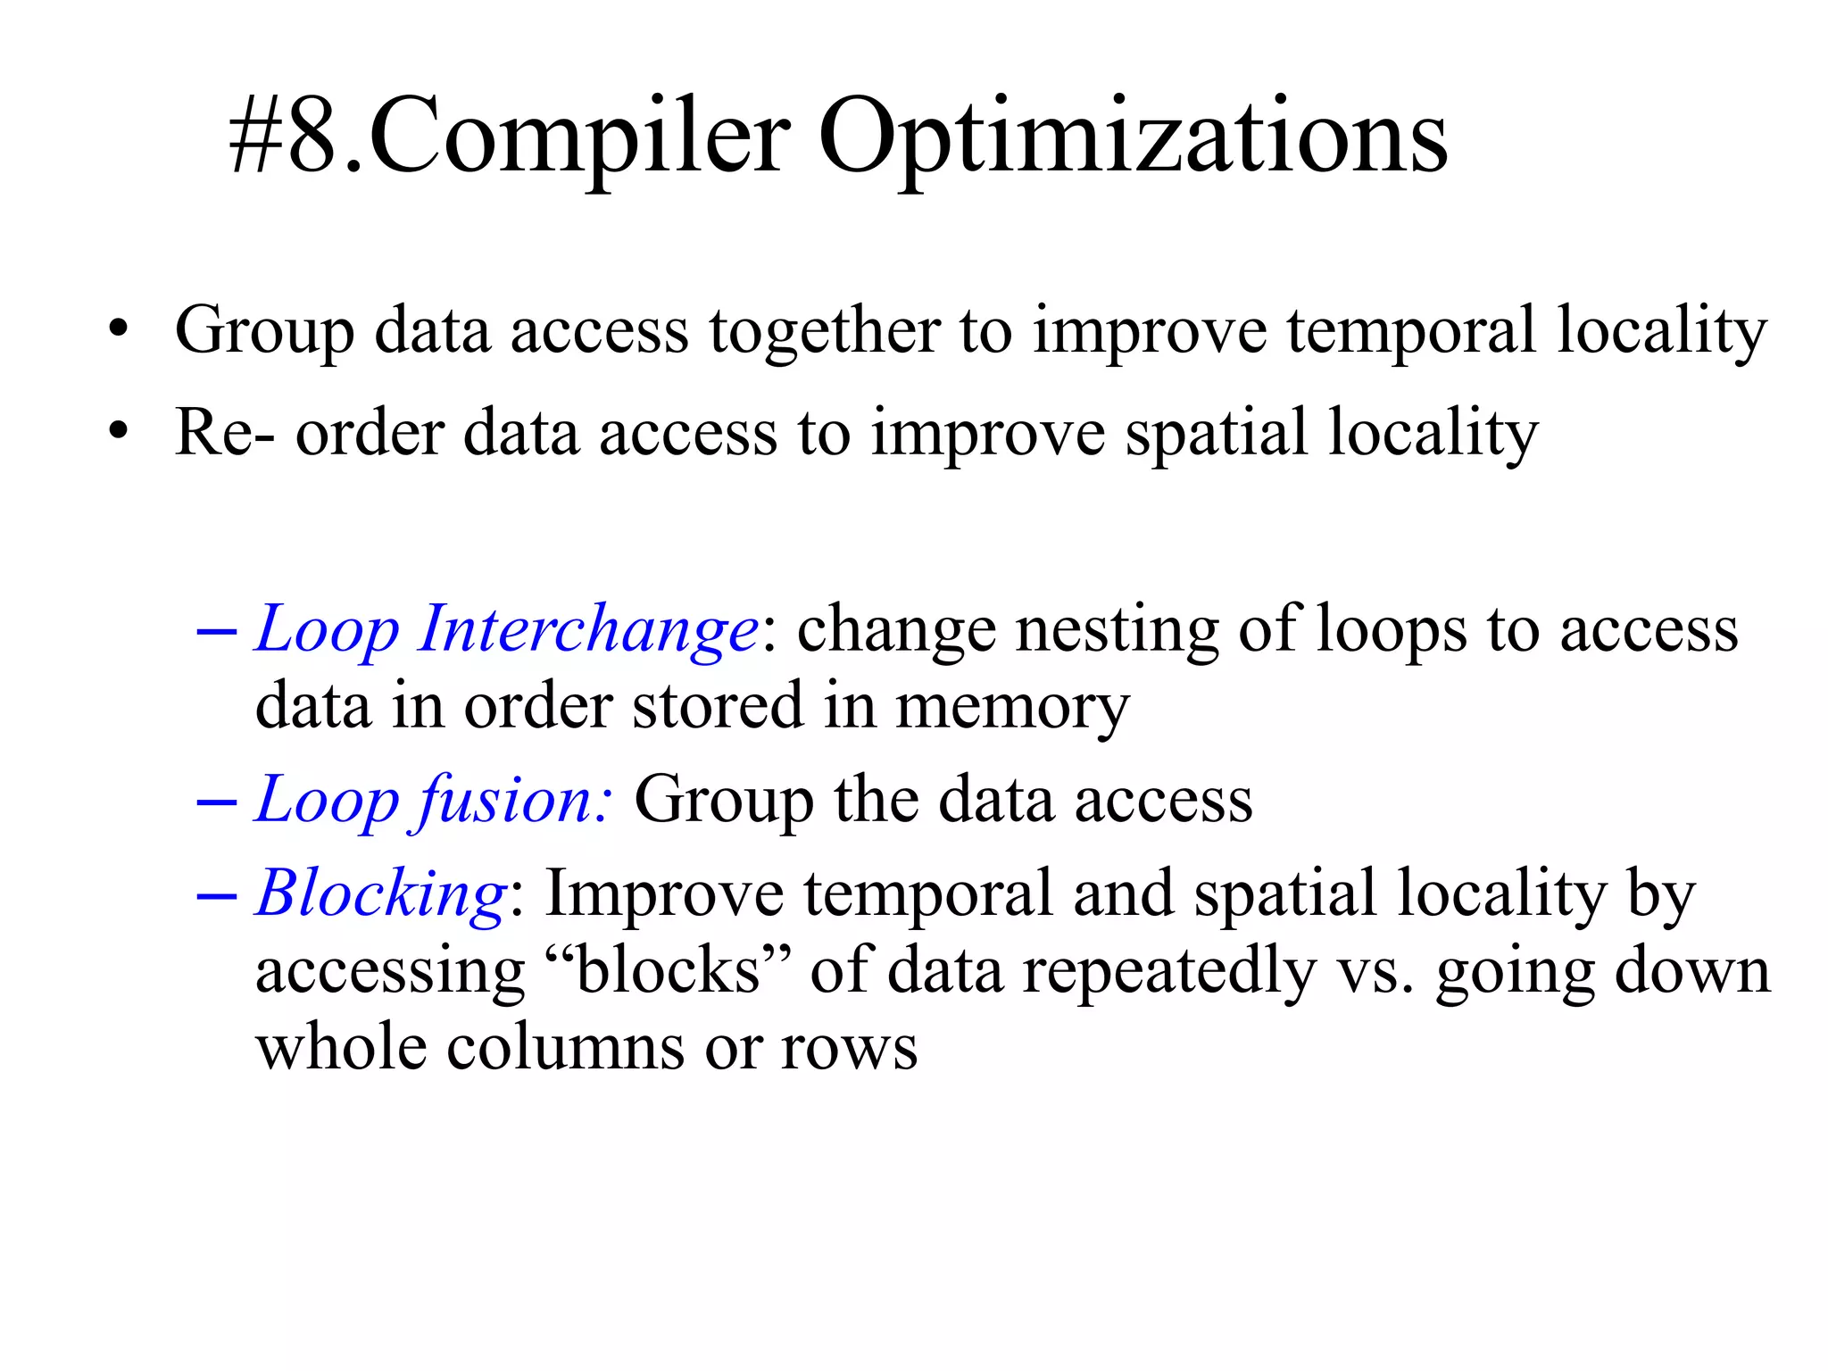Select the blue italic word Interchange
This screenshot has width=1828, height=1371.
[589, 629]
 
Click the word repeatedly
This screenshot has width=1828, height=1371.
[1168, 971]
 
